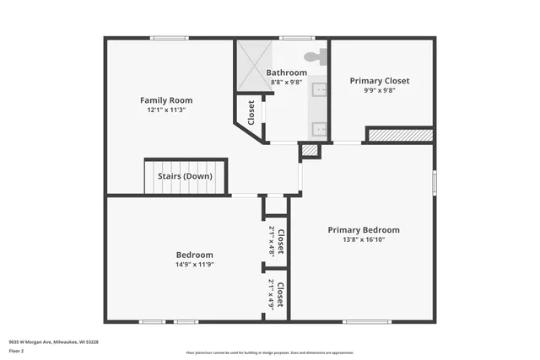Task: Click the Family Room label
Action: click(x=160, y=100)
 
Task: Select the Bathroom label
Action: click(x=287, y=73)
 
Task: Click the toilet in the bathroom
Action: click(x=314, y=56)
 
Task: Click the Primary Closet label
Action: click(x=380, y=81)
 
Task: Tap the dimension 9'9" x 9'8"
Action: click(x=380, y=90)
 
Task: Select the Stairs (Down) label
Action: click(x=185, y=176)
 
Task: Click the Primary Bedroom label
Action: click(x=364, y=230)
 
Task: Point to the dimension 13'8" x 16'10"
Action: click(x=364, y=239)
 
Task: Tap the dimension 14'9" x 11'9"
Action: click(x=194, y=265)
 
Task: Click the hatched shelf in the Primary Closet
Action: click(x=401, y=135)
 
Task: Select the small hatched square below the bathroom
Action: click(x=310, y=151)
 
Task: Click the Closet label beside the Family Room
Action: click(x=251, y=111)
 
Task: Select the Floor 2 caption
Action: click(x=16, y=350)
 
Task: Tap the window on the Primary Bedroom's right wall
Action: click(x=435, y=182)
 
